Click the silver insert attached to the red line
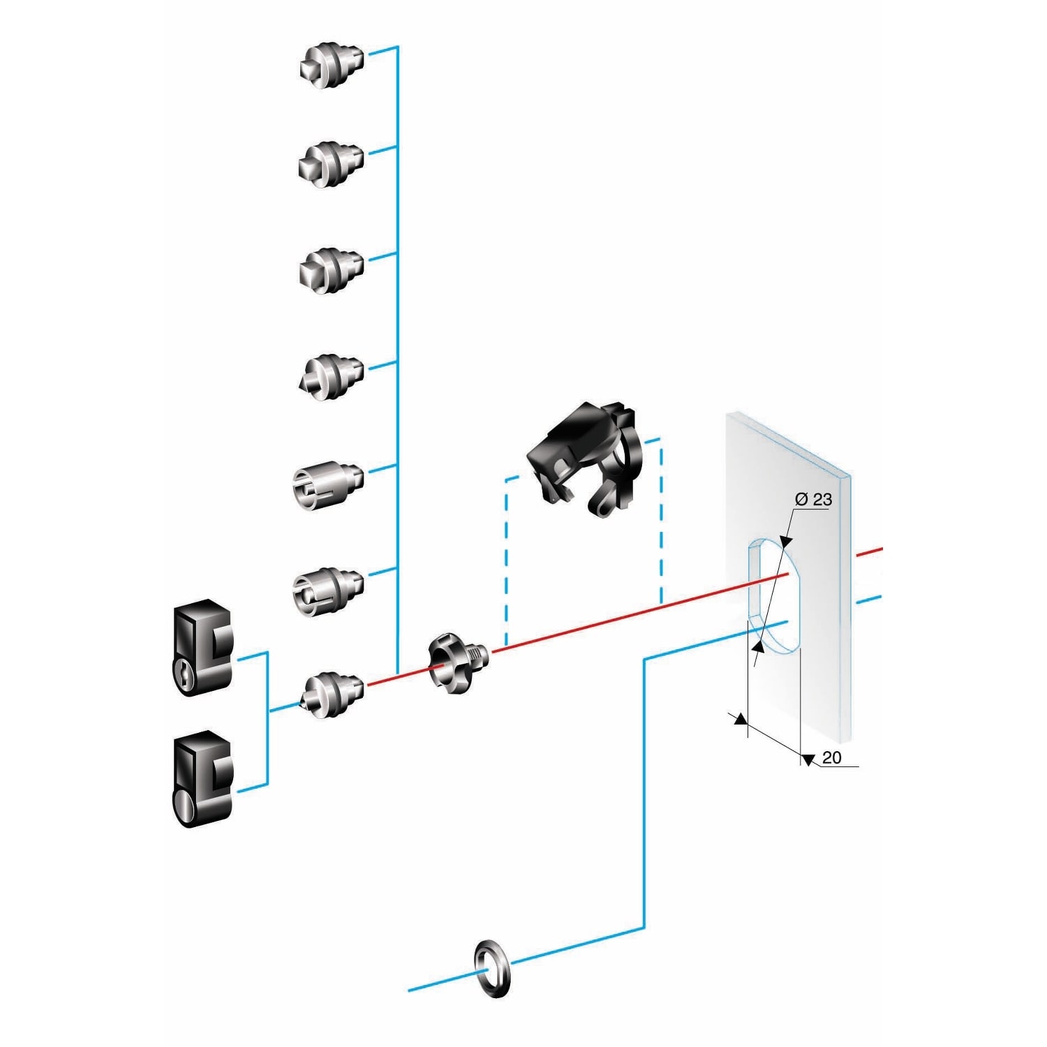coord(332,695)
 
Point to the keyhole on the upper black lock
coord(183,674)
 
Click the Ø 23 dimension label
coord(813,499)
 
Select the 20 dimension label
coord(831,757)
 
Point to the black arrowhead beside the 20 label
coord(808,760)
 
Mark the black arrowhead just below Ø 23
coord(786,540)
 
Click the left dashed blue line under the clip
coord(506,558)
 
